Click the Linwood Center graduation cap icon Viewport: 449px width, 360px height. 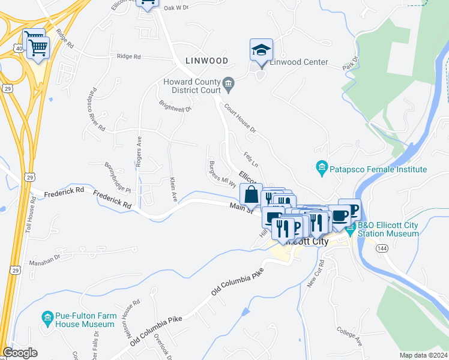[x=261, y=49]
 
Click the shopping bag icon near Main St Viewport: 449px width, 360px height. [x=250, y=194]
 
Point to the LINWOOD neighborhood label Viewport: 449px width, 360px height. [x=207, y=61]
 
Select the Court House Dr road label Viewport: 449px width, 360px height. [x=240, y=118]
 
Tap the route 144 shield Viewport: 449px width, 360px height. [x=382, y=247]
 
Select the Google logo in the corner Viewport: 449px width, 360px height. [x=20, y=353]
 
